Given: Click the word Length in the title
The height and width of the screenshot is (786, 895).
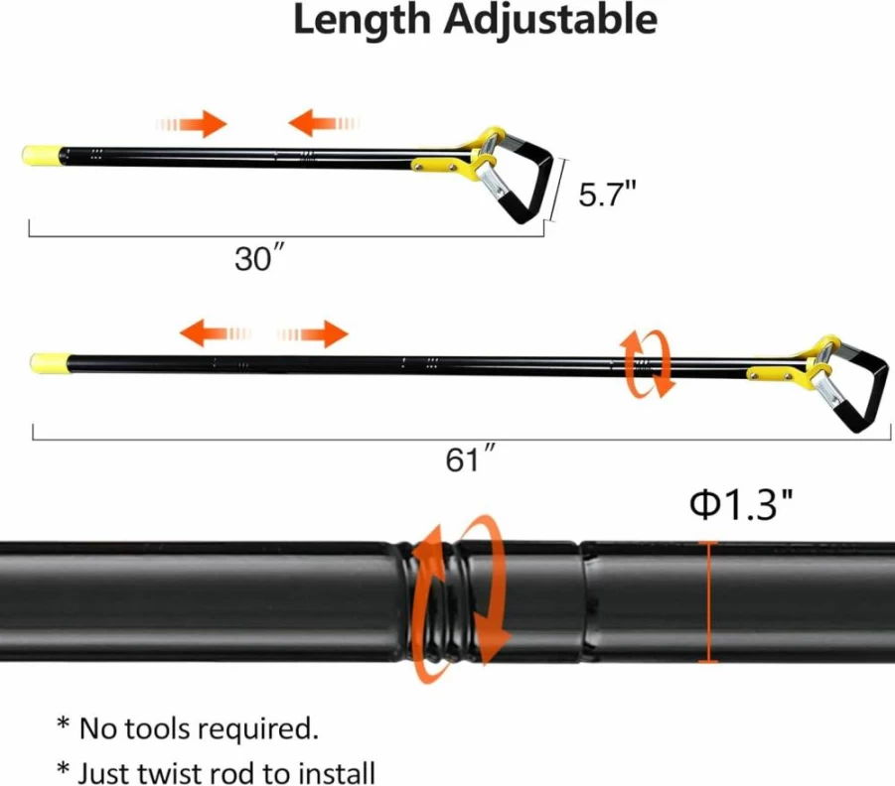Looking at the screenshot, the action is pyautogui.click(x=362, y=20).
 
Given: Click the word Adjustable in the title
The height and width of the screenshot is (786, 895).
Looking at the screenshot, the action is pyautogui.click(x=551, y=22).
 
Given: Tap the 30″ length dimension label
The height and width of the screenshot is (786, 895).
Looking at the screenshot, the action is pyautogui.click(x=259, y=257).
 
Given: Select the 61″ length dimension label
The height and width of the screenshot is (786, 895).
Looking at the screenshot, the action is pyautogui.click(x=470, y=458).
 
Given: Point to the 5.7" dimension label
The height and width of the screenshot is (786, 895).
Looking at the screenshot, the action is pyautogui.click(x=607, y=194).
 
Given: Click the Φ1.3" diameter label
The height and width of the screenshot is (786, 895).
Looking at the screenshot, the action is pyautogui.click(x=741, y=504).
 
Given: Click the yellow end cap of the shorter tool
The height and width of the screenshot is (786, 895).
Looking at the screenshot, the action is pyautogui.click(x=42, y=156).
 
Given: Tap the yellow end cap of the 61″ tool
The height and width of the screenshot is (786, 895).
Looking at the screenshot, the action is pyautogui.click(x=50, y=363).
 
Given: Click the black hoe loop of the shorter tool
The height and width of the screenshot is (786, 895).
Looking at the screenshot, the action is pyautogui.click(x=525, y=178).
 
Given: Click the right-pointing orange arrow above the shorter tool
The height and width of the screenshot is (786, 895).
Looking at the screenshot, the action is pyautogui.click(x=193, y=124).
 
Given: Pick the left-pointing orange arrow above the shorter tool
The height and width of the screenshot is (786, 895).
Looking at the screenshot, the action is pyautogui.click(x=324, y=123).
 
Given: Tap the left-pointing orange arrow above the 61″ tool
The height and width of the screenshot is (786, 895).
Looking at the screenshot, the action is pyautogui.click(x=216, y=332).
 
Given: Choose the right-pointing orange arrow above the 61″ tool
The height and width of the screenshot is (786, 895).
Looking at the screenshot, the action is pyautogui.click(x=313, y=333).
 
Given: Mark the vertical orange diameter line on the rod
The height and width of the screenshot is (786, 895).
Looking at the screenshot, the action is pyautogui.click(x=708, y=601).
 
